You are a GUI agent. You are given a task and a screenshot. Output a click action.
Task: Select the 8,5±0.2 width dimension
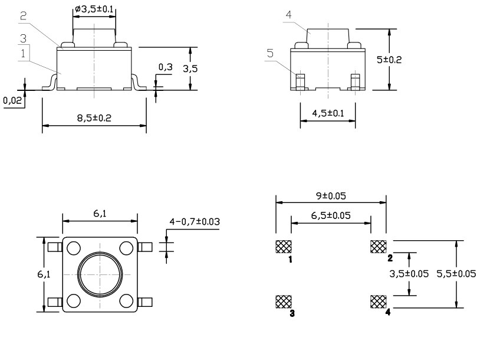tap(94, 118)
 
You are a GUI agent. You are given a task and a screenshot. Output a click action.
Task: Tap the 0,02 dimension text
tap(11, 101)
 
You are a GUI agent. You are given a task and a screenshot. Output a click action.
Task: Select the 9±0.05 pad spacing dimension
tap(331, 194)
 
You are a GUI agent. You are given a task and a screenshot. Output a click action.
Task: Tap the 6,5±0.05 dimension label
tap(331, 215)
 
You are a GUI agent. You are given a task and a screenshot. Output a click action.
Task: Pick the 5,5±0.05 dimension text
tap(455, 273)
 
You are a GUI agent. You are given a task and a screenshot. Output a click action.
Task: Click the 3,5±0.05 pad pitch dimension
tap(410, 273)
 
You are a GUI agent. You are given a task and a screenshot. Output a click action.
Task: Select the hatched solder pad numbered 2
tap(377, 246)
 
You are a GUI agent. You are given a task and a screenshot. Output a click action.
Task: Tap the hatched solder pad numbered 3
tap(283, 302)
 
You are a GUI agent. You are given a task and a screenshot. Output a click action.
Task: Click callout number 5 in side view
tap(270, 53)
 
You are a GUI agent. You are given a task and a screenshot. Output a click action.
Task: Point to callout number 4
tap(288, 15)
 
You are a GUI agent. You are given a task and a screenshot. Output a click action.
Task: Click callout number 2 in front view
tap(23, 17)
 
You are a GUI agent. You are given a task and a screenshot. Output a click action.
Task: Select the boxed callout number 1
tap(23, 53)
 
